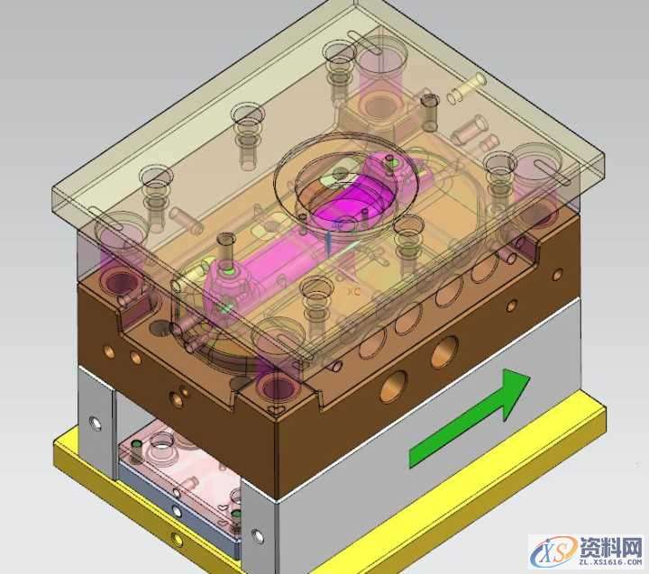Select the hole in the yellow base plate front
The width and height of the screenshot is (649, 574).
coord(177,541)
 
